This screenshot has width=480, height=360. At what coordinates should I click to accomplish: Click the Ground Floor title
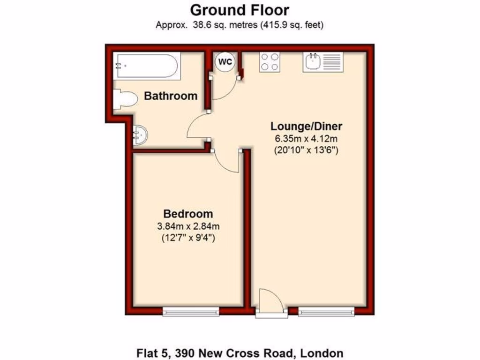[x=240, y=9]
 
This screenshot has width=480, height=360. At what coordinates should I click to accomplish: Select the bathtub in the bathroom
[x=147, y=66]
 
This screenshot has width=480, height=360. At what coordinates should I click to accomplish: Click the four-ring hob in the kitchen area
[x=270, y=61]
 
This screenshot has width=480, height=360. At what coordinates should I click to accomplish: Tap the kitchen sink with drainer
[x=322, y=61]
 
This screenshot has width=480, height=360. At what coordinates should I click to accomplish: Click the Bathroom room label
[x=171, y=96]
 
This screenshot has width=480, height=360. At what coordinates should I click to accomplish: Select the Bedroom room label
[x=187, y=214]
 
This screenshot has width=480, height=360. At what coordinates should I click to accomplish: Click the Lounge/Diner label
[x=307, y=126]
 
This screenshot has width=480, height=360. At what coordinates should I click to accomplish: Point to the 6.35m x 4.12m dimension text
[x=307, y=139]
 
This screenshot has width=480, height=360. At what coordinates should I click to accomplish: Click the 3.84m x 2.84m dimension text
[x=188, y=226]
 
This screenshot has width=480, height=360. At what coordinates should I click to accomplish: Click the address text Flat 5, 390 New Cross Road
[x=240, y=352]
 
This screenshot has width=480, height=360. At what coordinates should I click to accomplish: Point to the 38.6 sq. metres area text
[x=206, y=25]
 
